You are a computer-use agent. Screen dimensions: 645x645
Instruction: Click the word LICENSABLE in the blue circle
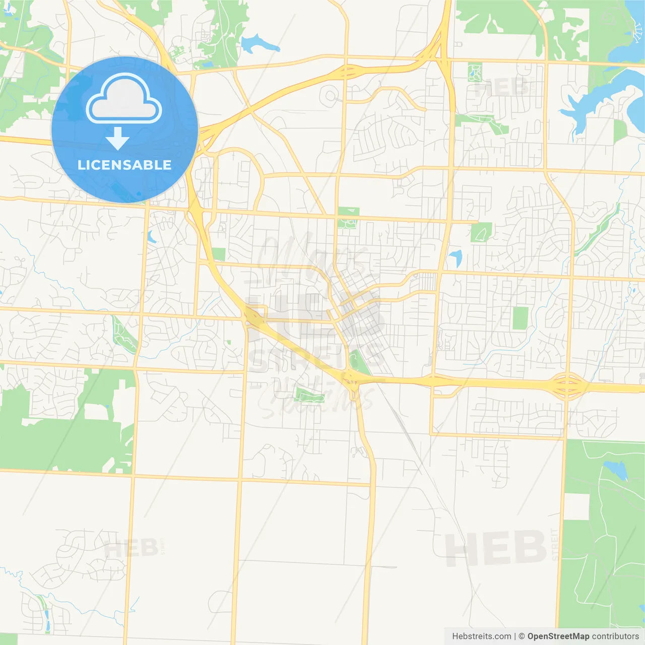click(x=124, y=165)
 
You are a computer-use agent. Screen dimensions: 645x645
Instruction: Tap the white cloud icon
click(x=124, y=100)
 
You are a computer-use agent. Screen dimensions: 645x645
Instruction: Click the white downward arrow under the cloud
click(x=117, y=139)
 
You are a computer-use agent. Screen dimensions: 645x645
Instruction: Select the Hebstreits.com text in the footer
click(x=481, y=636)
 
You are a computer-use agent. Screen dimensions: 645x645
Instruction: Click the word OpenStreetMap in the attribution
click(x=558, y=636)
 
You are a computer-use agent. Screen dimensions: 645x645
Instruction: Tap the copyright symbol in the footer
click(x=522, y=636)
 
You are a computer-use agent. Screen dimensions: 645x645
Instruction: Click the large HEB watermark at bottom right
click(x=496, y=548)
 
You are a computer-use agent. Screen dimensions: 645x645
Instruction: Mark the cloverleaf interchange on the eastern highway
click(x=567, y=385)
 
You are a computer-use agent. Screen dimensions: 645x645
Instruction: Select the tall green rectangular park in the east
click(x=520, y=318)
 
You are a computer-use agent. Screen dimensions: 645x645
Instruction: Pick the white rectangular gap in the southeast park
click(x=576, y=506)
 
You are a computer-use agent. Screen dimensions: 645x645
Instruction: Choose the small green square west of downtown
click(x=219, y=254)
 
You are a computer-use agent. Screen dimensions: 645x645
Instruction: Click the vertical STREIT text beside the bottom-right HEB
click(x=555, y=544)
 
